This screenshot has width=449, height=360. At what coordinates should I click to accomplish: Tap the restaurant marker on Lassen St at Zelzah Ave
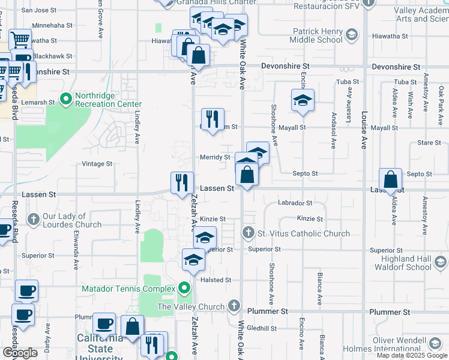click(182, 183)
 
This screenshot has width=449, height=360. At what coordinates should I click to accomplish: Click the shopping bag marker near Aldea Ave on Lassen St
click(391, 180)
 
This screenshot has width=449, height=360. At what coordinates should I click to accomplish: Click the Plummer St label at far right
click(390, 312)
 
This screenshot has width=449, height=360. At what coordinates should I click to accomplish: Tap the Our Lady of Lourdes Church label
click(72, 221)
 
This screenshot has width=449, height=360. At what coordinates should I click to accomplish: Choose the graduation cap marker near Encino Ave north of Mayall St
click(303, 101)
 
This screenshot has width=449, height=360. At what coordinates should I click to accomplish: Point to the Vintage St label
click(97, 164)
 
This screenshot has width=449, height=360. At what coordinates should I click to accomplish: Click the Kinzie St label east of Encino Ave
click(310, 219)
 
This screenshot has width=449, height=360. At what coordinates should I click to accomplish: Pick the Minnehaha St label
click(52, 26)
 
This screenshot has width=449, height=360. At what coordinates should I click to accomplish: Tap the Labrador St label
click(295, 203)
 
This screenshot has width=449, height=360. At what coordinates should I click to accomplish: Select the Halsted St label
click(215, 280)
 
